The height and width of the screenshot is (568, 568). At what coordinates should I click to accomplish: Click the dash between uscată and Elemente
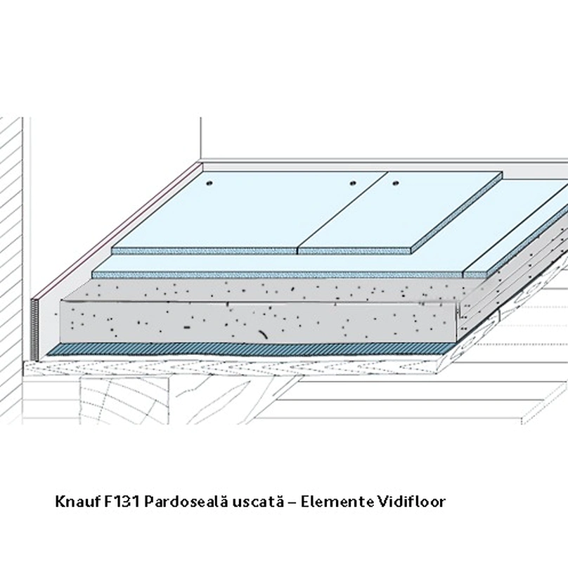pos(292,503)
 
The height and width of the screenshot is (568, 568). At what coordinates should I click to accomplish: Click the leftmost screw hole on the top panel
pos(209,183)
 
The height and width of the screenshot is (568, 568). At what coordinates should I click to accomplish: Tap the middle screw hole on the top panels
pos(352,183)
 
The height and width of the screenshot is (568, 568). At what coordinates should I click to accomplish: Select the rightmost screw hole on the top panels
pos(395,183)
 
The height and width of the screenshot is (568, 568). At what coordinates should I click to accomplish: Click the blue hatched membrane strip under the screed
pos(250,349)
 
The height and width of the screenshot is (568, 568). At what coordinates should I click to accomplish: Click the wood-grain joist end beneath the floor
pos(125,400)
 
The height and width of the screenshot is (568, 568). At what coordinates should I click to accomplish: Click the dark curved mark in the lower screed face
pos(263,335)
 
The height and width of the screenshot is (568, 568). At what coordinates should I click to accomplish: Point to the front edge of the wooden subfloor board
pos(232,368)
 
